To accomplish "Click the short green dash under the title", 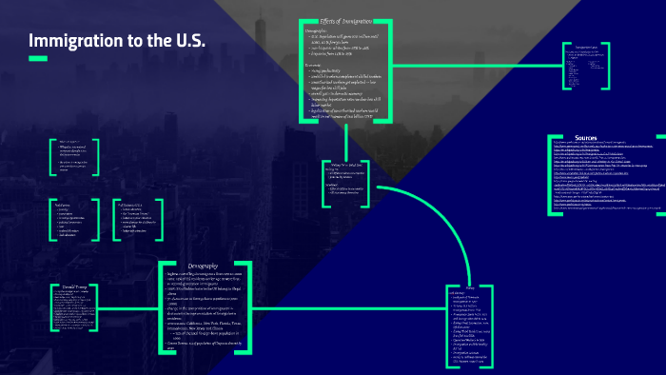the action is pyautogui.click(x=37, y=59).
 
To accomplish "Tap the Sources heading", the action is pyautogui.click(x=586, y=137).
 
